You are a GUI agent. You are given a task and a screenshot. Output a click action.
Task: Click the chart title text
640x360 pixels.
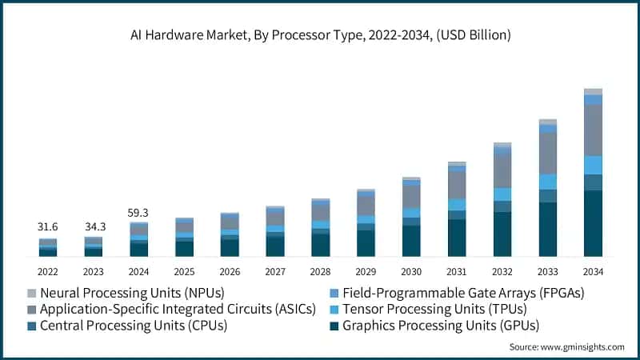point(320,34)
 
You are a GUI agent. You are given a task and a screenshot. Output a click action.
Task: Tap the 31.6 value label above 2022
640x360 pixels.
point(48,228)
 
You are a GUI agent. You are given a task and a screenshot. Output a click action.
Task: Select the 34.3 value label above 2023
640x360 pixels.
point(94,228)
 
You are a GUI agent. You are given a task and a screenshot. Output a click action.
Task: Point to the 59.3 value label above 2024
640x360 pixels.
point(139,214)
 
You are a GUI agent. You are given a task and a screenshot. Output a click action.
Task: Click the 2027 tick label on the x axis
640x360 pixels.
point(275,271)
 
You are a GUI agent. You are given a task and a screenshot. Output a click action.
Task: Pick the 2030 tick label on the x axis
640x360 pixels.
point(411,271)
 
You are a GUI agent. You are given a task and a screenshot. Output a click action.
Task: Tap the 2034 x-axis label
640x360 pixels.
point(593,271)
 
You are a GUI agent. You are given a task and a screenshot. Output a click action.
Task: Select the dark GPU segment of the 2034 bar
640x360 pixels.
point(593,224)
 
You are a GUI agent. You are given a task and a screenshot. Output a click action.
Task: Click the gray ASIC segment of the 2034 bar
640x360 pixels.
point(593,130)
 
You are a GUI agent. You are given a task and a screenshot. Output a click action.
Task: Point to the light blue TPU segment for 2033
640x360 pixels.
point(547,182)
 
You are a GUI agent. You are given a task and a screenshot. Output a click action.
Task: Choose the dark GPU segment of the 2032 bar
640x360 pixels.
point(502,234)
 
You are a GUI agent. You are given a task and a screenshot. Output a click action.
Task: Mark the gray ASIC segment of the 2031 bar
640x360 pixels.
point(457,185)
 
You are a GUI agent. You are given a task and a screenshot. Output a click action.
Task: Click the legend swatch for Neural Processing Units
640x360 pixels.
point(31,293)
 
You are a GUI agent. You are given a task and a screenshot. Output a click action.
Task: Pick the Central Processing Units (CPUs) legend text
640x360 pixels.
point(133,326)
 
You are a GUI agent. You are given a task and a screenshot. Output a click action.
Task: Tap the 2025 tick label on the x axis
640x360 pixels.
point(185,271)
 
